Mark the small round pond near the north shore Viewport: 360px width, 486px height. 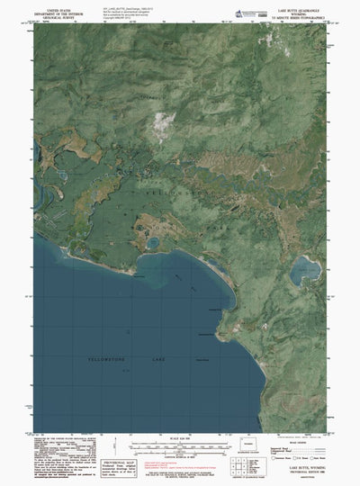pos(154,243)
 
